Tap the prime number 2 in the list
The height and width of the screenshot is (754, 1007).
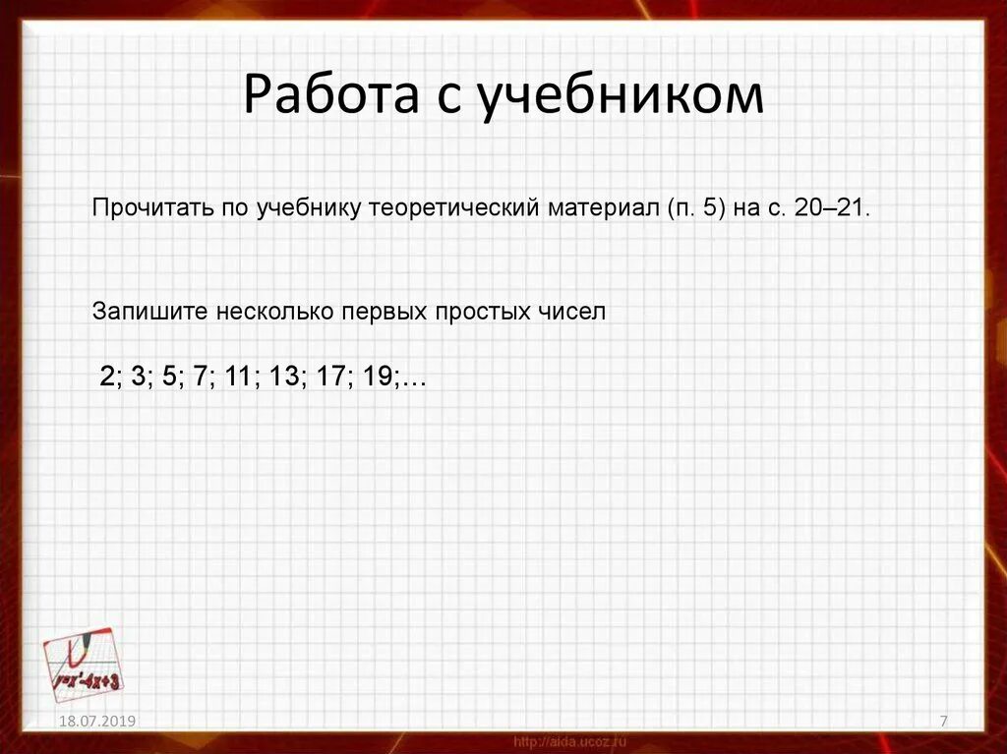(106, 377)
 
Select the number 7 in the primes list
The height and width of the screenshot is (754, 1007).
(199, 377)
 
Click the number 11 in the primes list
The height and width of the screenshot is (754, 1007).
(235, 377)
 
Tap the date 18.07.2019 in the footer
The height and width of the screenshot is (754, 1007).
(96, 722)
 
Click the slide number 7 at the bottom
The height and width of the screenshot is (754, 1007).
(944, 723)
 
